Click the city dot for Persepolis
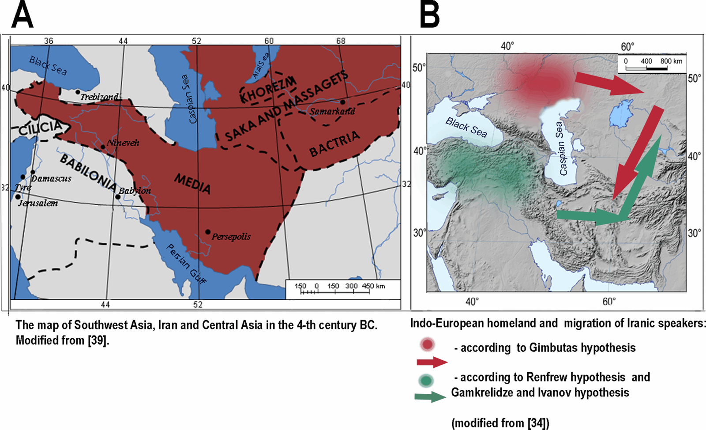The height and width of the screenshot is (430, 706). point(208,232)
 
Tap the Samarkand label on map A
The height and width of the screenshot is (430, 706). point(332,111)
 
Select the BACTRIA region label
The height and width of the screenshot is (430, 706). point(334,144)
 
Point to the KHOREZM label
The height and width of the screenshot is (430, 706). point(267,89)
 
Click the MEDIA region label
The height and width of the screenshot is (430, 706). point(192,184)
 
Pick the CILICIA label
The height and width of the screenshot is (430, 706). point(41,128)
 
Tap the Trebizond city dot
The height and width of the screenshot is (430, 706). point(78,92)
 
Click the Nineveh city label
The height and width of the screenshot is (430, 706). point(123,143)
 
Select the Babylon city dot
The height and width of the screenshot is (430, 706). point(118,196)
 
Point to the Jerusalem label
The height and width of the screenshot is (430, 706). point(38,204)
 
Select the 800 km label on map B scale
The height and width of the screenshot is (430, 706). point(671,61)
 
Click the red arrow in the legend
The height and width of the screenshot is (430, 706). point(432,362)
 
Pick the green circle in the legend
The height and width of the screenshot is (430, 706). point(426,380)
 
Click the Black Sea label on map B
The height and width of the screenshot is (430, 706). point(466,128)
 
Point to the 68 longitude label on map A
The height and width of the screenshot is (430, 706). point(341,41)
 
